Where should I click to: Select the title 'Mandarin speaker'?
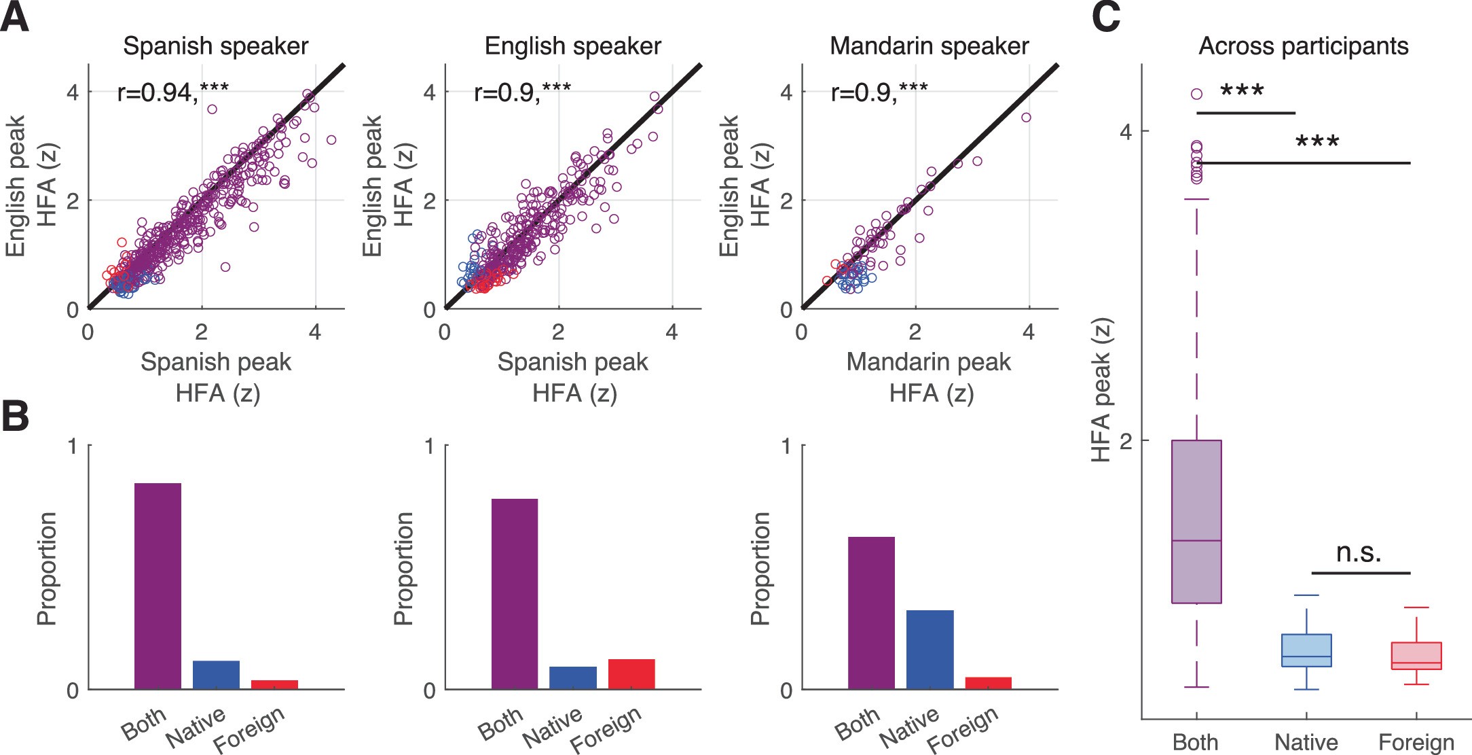pos(929,46)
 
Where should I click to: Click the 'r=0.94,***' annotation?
pos(172,91)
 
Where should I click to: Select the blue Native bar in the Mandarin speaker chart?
pos(930,650)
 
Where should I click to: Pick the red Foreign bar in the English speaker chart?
pos(631,674)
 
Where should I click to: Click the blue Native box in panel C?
pos(1306,650)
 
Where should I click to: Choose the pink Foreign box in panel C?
pos(1416,656)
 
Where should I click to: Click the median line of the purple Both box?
pos(1196,541)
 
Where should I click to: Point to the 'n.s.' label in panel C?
pos(1359,552)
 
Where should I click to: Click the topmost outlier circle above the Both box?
pos(1196,94)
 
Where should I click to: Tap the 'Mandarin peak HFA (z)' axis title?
pos(929,377)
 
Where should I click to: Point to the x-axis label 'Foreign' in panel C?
pos(1416,742)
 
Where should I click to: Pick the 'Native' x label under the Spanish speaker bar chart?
pos(197,727)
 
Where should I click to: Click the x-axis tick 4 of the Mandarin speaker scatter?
pos(1028,332)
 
